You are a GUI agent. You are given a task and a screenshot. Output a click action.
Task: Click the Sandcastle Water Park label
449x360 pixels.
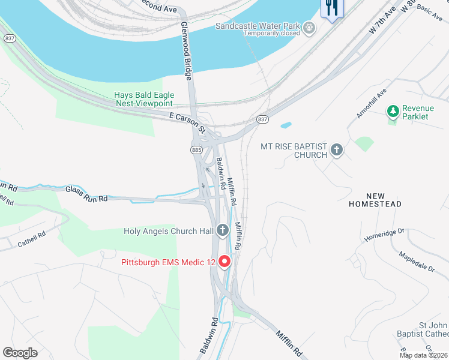(x=259, y=26)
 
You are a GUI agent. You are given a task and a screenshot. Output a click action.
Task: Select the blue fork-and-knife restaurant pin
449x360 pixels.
(x=332, y=8)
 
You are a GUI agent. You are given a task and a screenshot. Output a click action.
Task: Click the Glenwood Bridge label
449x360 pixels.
(x=187, y=52)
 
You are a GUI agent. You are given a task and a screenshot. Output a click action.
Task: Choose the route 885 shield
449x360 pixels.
(x=196, y=149)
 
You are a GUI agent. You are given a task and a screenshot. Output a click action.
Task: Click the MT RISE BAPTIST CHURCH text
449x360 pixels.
(x=294, y=150)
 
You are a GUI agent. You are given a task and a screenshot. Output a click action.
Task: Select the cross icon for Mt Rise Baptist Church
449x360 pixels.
(x=337, y=149)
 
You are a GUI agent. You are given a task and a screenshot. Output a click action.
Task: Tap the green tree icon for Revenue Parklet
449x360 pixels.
(x=393, y=111)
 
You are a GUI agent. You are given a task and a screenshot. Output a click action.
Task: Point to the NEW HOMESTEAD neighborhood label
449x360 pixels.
(x=375, y=200)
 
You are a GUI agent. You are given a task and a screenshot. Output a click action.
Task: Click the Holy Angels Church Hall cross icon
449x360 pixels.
(x=223, y=230)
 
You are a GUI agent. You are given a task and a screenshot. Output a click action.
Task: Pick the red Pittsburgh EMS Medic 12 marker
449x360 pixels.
(x=224, y=262)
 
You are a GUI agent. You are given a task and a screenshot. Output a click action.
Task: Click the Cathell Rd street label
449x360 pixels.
(x=31, y=239)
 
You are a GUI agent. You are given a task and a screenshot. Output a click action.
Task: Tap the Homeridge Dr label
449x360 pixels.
(x=385, y=235)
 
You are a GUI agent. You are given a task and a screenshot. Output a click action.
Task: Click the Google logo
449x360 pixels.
(x=20, y=352)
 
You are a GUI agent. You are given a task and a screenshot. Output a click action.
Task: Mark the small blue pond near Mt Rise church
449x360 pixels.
(x=286, y=125)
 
